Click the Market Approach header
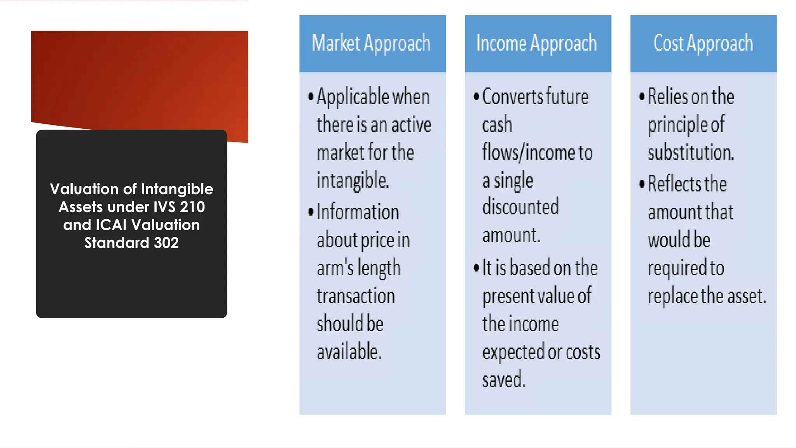[372, 44]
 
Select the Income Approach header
[537, 44]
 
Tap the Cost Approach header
[703, 44]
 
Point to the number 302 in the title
[166, 243]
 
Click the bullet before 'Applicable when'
[311, 96]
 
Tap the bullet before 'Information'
[311, 212]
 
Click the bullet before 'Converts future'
[477, 96]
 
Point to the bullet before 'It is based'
[477, 268]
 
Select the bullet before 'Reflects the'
[642, 184]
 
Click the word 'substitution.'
[691, 152]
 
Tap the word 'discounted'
[520, 207]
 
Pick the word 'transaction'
[356, 296]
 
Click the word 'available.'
[349, 352]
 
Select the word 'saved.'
[504, 380]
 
